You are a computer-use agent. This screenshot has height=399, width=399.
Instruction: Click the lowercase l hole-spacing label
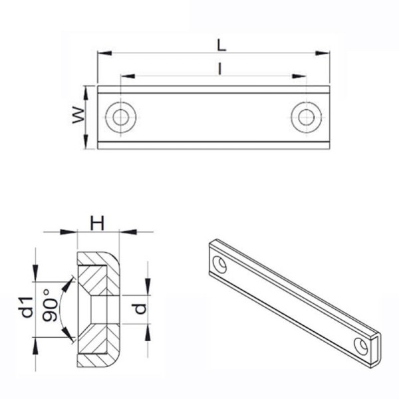pyautogui.click(x=219, y=68)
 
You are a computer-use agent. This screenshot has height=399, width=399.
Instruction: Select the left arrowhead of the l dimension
pyautogui.click(x=127, y=76)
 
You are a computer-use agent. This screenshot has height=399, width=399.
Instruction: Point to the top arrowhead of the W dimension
pyautogui.click(x=86, y=90)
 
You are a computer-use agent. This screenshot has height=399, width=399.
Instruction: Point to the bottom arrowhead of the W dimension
pyautogui.click(x=86, y=144)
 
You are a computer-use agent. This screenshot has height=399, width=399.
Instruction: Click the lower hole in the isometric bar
pyautogui.click(x=362, y=346)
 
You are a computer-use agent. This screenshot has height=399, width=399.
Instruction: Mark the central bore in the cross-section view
pyautogui.click(x=98, y=309)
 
